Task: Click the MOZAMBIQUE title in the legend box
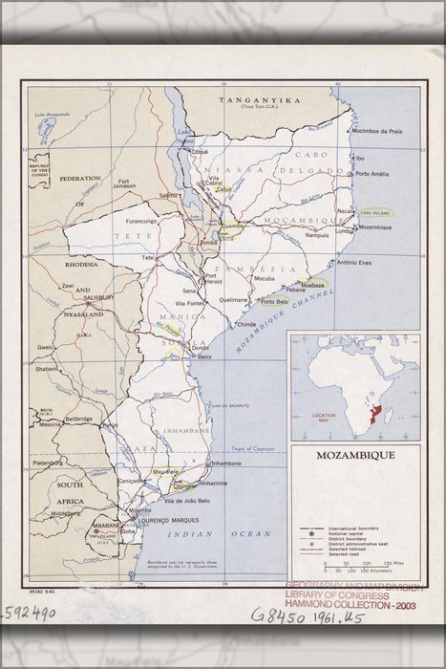coord(354,455)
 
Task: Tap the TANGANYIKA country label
coord(259,99)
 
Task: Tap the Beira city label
coord(204,356)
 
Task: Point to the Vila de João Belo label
coord(186,501)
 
